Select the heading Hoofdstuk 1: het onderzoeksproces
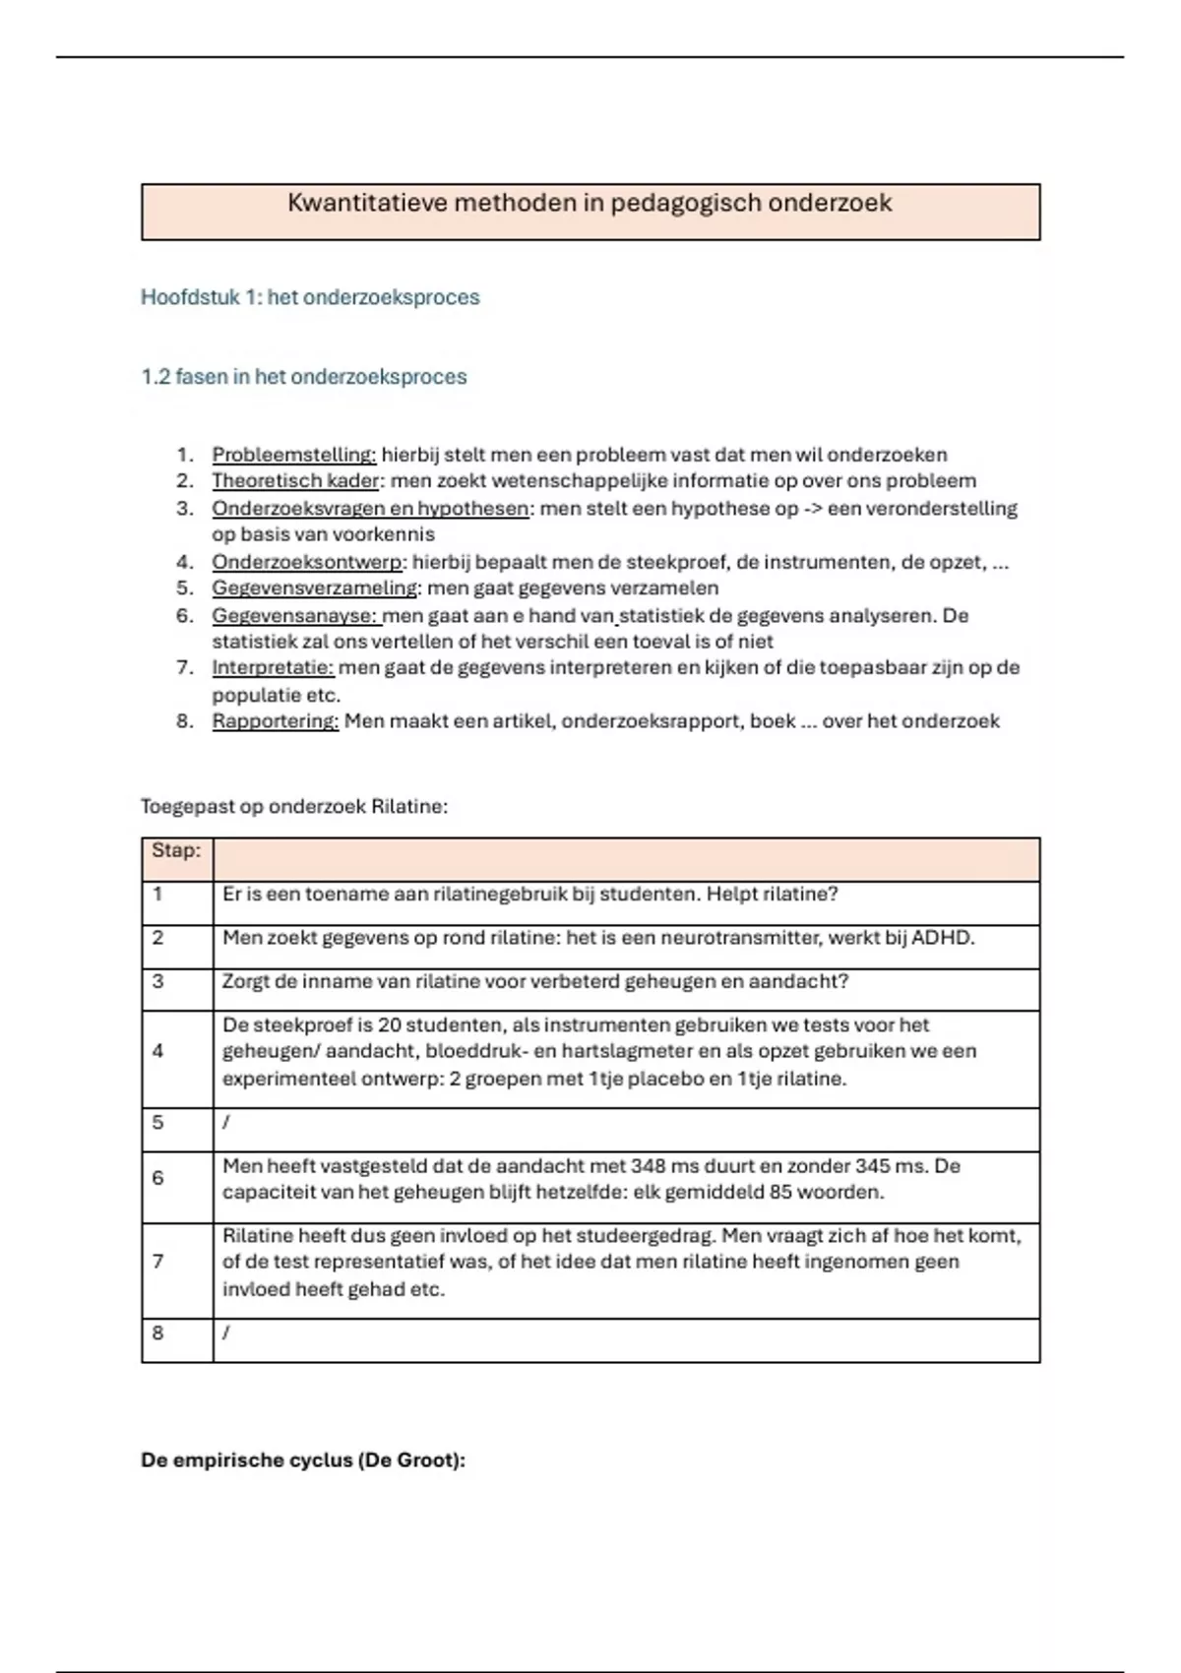tap(310, 297)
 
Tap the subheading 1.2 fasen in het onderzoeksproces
tap(304, 377)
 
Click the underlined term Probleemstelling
tap(294, 455)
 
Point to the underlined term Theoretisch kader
tap(295, 481)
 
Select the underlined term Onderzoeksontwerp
tap(307, 562)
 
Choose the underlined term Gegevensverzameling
tap(315, 589)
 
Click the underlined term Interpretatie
tap(273, 668)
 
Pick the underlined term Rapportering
tap(275, 721)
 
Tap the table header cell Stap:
tap(176, 850)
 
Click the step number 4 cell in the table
tap(157, 1051)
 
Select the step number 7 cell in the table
tap(157, 1262)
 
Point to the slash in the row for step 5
tap(226, 1123)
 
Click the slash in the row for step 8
tap(226, 1333)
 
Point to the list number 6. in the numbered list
tap(185, 616)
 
